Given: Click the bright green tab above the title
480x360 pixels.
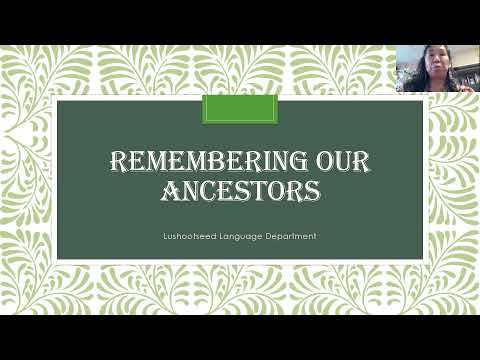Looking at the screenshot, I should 240,109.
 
